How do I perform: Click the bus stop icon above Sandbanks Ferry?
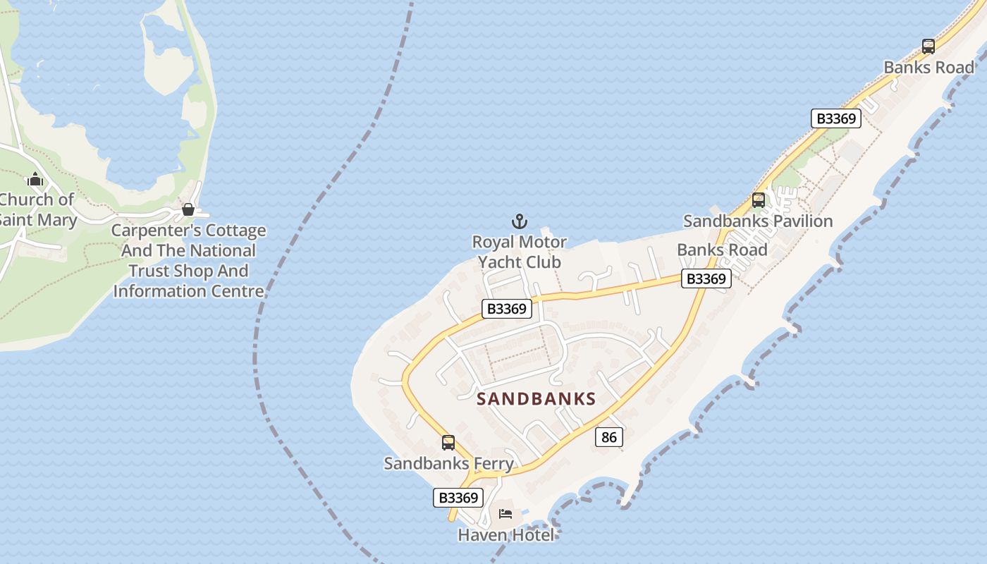coord(448,443)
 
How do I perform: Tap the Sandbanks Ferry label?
coord(448,463)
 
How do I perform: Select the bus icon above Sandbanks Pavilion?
coord(759,200)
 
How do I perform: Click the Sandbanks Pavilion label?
coord(758,221)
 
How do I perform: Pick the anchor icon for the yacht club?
coord(519,222)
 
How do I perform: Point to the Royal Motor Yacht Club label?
coord(520,252)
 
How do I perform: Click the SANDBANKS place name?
coord(537,399)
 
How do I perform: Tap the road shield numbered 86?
coord(609,437)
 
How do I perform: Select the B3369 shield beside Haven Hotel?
coord(458,498)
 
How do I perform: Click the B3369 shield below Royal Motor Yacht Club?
coord(507,309)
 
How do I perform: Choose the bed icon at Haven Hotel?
coord(505,514)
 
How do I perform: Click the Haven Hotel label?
coord(505,535)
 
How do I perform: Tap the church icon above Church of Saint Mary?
coord(35,180)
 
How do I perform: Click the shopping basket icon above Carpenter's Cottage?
coord(188,209)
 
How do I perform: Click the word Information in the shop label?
coord(159,290)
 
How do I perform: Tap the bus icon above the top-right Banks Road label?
coord(928,47)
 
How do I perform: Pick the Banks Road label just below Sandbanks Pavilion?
coord(722,250)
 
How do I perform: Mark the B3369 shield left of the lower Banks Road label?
coord(706,279)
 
